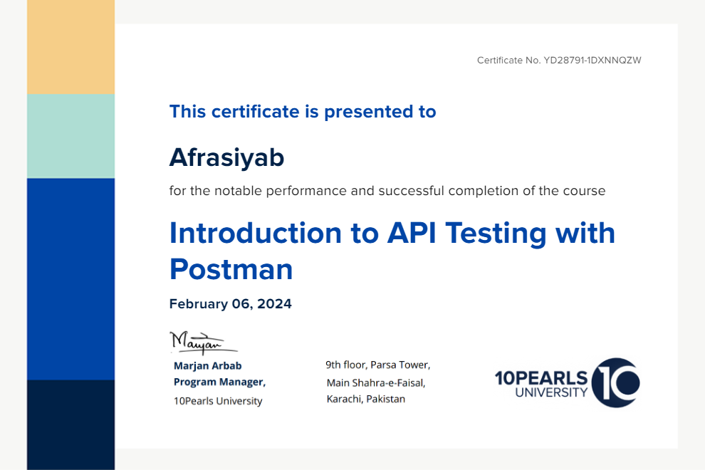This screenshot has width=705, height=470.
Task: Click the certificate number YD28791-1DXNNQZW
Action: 592,61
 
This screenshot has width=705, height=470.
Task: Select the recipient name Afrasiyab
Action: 226,157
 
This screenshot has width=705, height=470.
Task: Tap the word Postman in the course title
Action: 231,269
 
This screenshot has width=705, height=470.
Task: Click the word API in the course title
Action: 412,233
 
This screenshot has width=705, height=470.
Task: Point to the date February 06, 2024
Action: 230,304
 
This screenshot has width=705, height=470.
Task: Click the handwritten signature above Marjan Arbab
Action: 203,343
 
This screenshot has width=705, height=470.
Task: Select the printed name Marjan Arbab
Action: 208,365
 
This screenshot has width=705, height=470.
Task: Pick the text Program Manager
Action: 219,382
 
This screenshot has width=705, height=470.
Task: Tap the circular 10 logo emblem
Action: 615,382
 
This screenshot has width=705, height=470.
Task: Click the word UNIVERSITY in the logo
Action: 551,392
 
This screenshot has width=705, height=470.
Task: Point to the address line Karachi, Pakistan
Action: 366,399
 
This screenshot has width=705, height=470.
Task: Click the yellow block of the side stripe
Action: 70,47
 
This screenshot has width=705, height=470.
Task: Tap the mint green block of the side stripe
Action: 70,136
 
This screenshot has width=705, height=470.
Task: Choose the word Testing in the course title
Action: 496,234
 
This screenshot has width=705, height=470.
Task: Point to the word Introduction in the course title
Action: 256,233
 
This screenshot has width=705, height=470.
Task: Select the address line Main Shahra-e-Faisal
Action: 376,382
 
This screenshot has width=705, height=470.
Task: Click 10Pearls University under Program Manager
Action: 218,401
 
